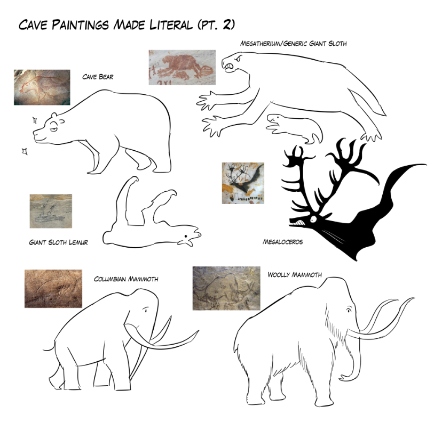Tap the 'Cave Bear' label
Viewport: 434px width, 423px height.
pyautogui.click(x=97, y=77)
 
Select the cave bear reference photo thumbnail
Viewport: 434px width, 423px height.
pyautogui.click(x=42, y=87)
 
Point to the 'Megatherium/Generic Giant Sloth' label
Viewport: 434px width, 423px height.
pyautogui.click(x=293, y=43)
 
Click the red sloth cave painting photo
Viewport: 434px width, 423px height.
pyautogui.click(x=182, y=67)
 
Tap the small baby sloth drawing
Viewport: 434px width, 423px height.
pyautogui.click(x=293, y=128)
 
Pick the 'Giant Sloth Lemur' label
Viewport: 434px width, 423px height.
pyautogui.click(x=58, y=242)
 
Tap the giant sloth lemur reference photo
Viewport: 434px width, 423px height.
pyautogui.click(x=50, y=211)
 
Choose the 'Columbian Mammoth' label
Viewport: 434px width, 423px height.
pyautogui.click(x=126, y=279)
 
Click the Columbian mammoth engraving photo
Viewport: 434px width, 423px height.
pyautogui.click(x=53, y=288)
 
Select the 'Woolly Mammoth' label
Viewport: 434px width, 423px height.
pyautogui.click(x=294, y=275)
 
